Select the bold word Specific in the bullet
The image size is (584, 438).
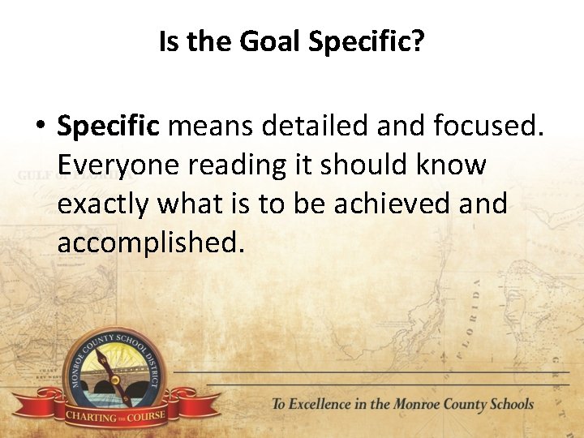[x=109, y=127]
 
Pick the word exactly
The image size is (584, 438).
[x=104, y=204]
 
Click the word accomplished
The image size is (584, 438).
[x=151, y=242]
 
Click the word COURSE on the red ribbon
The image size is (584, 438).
[x=145, y=417]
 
